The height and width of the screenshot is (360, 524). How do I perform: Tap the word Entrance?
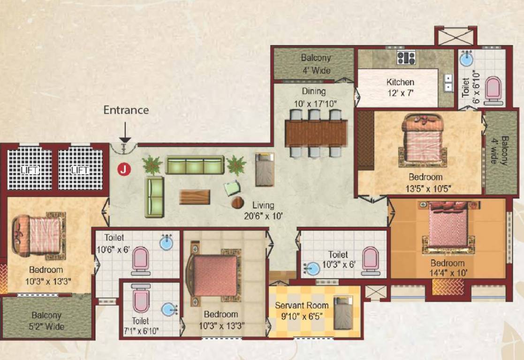point(126,110)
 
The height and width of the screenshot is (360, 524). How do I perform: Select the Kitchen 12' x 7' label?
point(400,87)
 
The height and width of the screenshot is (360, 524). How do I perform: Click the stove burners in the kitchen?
point(406,58)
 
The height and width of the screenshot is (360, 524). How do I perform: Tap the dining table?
point(316,133)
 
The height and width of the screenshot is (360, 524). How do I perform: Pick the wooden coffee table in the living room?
point(195,197)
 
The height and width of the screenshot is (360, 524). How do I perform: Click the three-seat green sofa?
point(195,165)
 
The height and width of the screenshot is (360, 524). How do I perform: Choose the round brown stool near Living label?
point(238,202)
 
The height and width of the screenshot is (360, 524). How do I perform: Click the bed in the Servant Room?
point(343,313)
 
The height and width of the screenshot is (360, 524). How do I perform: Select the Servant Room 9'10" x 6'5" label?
point(302,310)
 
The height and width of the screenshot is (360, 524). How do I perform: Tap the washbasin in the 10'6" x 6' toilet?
point(166,243)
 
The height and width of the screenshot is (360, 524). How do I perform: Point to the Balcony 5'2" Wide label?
point(46,321)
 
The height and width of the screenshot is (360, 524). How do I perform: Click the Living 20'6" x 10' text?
point(263,210)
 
